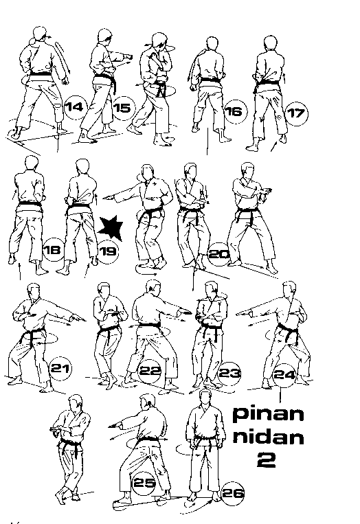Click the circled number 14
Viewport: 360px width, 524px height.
(75, 106)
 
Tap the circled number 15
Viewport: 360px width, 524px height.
(122, 108)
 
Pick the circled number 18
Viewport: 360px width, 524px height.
(52, 249)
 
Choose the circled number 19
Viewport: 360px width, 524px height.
(108, 251)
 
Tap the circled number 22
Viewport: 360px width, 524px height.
(149, 371)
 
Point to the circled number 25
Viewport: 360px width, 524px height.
(144, 483)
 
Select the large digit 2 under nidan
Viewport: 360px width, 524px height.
(266, 462)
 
